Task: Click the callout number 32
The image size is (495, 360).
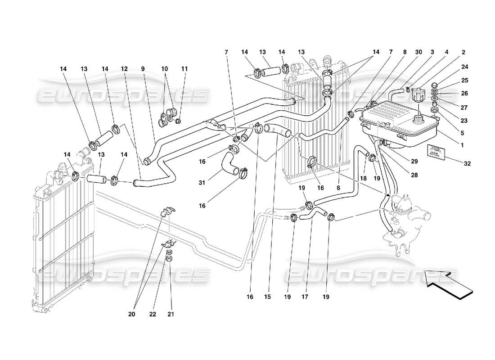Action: tap(467, 163)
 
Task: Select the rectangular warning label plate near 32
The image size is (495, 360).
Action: tap(436, 152)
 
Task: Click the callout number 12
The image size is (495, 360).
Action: tap(125, 69)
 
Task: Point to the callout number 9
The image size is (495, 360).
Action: tap(143, 69)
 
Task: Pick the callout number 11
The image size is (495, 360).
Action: tap(185, 69)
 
